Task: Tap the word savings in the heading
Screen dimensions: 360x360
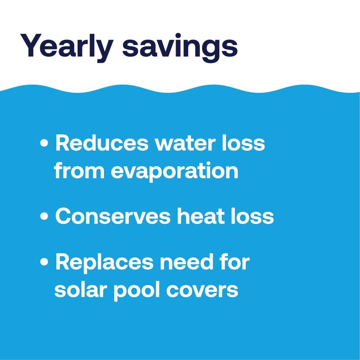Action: (180, 47)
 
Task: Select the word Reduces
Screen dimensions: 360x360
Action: (101, 144)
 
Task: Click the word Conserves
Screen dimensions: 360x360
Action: (112, 216)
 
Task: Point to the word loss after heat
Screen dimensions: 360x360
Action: (253, 216)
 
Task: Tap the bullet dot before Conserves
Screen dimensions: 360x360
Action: (44, 217)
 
